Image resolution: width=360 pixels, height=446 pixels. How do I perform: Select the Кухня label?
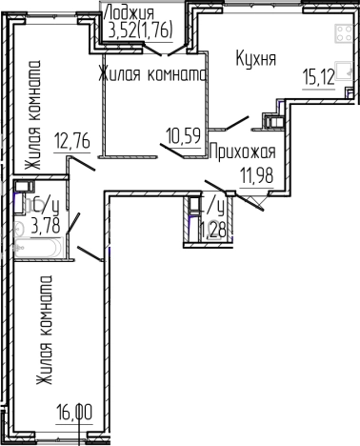255,59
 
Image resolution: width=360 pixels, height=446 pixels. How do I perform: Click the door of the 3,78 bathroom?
70,229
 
